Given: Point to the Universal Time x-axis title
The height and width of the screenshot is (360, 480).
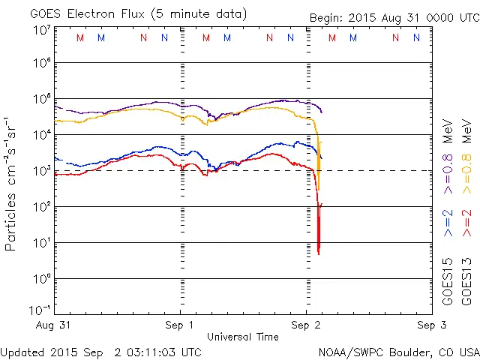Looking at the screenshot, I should click(x=243, y=337).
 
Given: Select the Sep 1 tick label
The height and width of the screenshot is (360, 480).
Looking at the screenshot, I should click(x=180, y=325).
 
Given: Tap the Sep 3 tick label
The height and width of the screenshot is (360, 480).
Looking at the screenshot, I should click(x=428, y=325).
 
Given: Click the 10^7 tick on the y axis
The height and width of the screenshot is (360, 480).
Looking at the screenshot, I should click(x=41, y=31).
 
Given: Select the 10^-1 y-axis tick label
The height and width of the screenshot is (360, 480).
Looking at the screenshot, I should click(x=41, y=310).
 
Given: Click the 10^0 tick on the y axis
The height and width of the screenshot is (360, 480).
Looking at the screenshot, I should click(x=41, y=280).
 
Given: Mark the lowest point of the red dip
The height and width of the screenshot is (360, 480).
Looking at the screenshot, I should click(x=319, y=253).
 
